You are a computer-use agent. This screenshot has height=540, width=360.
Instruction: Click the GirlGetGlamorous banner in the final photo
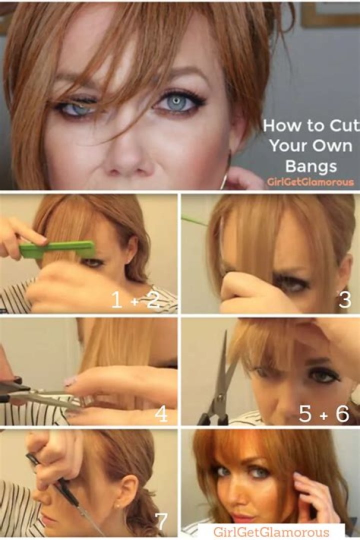click(271, 531)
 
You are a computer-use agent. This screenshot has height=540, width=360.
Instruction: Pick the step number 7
click(161, 521)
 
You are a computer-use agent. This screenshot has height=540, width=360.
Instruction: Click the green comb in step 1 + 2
click(58, 248)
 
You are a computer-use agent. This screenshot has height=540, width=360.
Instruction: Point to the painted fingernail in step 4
click(71, 381)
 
